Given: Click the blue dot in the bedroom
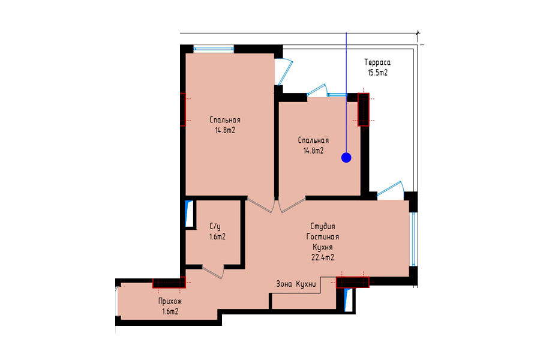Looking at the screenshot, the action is [x=346, y=158].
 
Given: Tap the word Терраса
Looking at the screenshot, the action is [x=377, y=62].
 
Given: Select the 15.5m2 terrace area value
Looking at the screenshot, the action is [x=377, y=73].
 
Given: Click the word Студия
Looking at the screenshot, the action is [x=322, y=226].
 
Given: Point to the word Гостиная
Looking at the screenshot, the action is [x=322, y=236].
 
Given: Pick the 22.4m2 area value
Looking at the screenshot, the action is [x=322, y=257].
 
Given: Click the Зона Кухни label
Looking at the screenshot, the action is [x=296, y=284].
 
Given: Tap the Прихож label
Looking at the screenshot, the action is [x=170, y=301].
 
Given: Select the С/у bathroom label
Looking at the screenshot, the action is [x=215, y=227].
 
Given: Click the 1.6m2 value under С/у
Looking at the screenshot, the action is [x=217, y=237].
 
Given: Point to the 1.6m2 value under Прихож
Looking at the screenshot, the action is [x=170, y=312].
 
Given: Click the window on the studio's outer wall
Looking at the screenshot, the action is [x=413, y=239].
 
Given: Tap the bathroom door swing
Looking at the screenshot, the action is [x=214, y=272].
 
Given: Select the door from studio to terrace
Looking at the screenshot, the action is [x=391, y=190].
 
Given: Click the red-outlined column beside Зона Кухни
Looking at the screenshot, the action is [x=353, y=282].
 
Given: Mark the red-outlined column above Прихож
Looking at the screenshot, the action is [x=169, y=283].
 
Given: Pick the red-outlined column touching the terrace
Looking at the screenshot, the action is [x=364, y=110].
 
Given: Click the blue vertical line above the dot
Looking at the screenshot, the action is [x=346, y=93].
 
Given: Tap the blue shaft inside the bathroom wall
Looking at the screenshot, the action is [x=189, y=214].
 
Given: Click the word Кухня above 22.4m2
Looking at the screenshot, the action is [x=322, y=247].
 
